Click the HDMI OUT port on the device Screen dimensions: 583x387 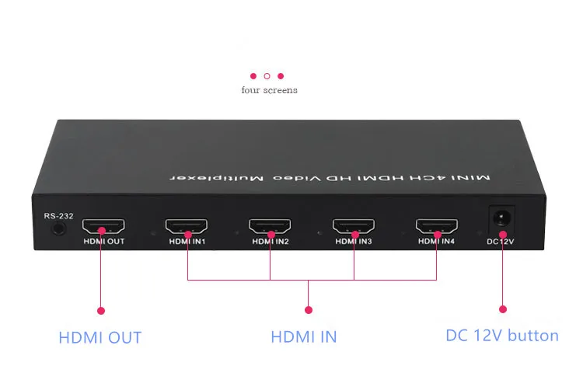click(103, 225)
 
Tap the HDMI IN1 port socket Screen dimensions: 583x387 click(187, 225)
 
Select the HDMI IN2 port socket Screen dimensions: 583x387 click(270, 225)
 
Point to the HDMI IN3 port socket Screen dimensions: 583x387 click(354, 225)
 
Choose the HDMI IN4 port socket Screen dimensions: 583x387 click(437, 225)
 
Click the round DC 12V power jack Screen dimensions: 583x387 click(501, 218)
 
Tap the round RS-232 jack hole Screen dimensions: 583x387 click(58, 228)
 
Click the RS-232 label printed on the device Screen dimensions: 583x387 click(58, 216)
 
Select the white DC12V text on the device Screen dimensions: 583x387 click(501, 242)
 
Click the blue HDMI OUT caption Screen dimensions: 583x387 click(100, 337)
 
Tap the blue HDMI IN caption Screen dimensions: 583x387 click(304, 336)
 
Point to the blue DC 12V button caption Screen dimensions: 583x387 click(502, 336)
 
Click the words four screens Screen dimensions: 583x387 click(269, 90)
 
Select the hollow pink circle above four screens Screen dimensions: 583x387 click(267, 76)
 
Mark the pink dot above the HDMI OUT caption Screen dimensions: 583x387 click(101, 311)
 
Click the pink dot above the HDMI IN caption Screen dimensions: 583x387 click(309, 310)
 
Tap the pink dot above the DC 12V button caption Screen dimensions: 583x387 click(503, 309)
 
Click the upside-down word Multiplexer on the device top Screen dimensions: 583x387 click(216, 178)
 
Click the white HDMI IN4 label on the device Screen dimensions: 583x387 click(436, 241)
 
